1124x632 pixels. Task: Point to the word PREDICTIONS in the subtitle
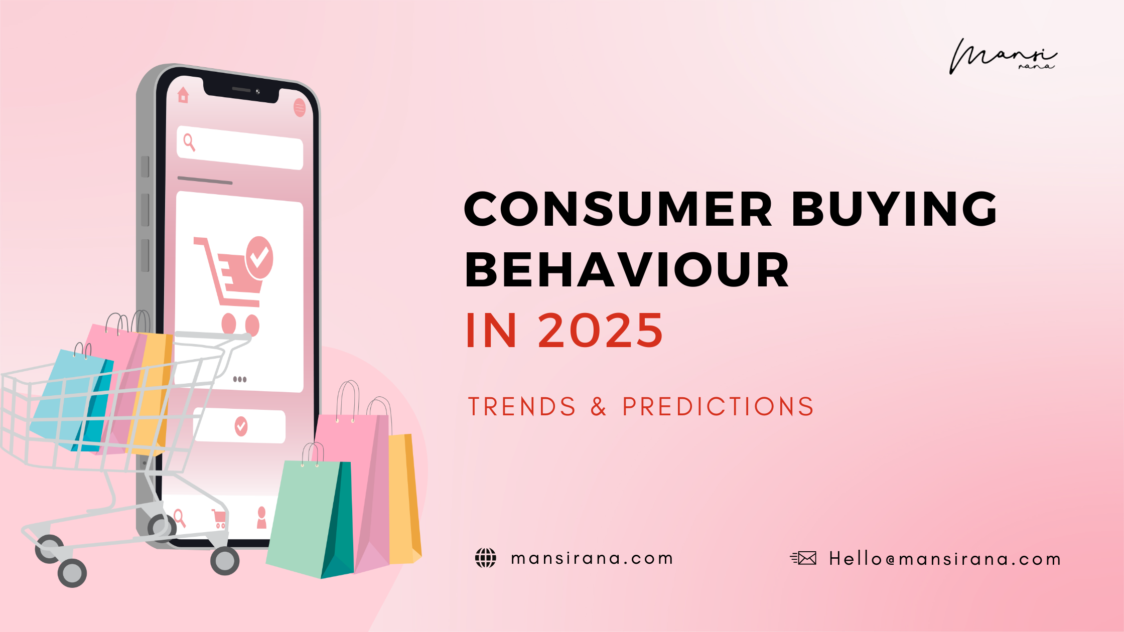tap(718, 406)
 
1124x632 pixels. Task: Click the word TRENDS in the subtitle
tap(522, 406)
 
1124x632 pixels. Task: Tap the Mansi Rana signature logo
tap(1003, 57)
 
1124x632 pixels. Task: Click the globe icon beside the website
tap(485, 558)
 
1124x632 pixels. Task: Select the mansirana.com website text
tap(592, 558)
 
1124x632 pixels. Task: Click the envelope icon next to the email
tap(804, 558)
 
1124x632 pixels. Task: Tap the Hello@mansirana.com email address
tap(945, 559)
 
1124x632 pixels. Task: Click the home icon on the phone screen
tap(183, 95)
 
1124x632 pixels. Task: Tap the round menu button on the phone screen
tap(300, 107)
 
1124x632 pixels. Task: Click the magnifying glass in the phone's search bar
tap(189, 142)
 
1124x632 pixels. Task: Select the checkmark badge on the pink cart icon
tap(259, 257)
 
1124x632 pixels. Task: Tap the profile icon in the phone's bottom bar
tap(261, 518)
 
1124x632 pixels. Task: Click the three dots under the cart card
tap(240, 379)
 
